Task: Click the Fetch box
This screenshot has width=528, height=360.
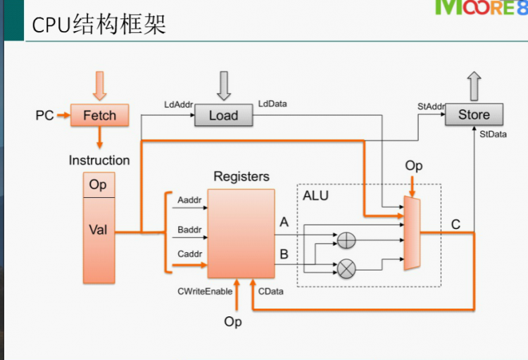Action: (99, 116)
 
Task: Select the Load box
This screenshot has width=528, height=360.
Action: (223, 116)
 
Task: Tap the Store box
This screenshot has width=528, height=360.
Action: (474, 115)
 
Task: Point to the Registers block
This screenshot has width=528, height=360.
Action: (241, 233)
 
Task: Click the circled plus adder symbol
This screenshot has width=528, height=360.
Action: (346, 240)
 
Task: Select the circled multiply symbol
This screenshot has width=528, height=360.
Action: (346, 267)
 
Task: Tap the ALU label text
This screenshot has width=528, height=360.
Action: (315, 195)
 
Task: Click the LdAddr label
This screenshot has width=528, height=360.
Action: (177, 104)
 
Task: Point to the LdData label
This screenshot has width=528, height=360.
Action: (272, 104)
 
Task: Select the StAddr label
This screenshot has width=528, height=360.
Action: (430, 106)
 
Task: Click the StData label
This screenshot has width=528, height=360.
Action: (493, 133)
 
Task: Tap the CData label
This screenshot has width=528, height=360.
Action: (271, 291)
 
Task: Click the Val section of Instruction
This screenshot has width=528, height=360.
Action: (98, 230)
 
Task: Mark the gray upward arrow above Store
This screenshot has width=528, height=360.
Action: (474, 85)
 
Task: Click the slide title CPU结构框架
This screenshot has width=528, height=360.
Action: (99, 25)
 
